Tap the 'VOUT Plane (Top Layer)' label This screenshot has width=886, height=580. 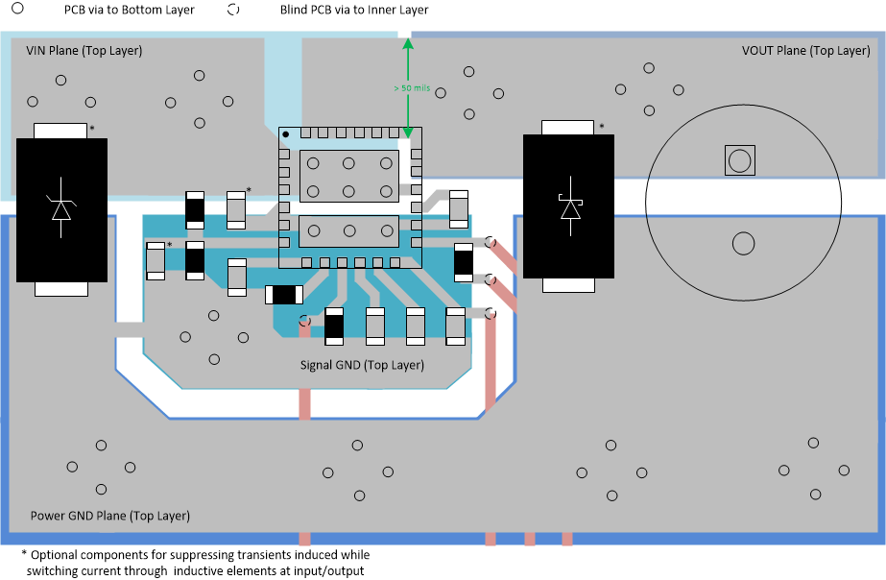click(805, 50)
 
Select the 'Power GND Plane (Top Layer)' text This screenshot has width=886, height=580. click(110, 516)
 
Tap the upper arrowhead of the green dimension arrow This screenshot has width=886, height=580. click(408, 43)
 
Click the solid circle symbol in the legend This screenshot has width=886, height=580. click(17, 10)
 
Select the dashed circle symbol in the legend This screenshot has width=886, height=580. click(232, 10)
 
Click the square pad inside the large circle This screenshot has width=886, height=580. click(738, 160)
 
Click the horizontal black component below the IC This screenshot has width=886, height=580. click(283, 295)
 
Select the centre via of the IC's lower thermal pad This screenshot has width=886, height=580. click(349, 230)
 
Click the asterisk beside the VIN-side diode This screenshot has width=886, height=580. click(92, 129)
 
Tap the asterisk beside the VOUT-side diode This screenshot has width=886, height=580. click(602, 127)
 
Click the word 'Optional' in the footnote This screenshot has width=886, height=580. click(55, 555)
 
